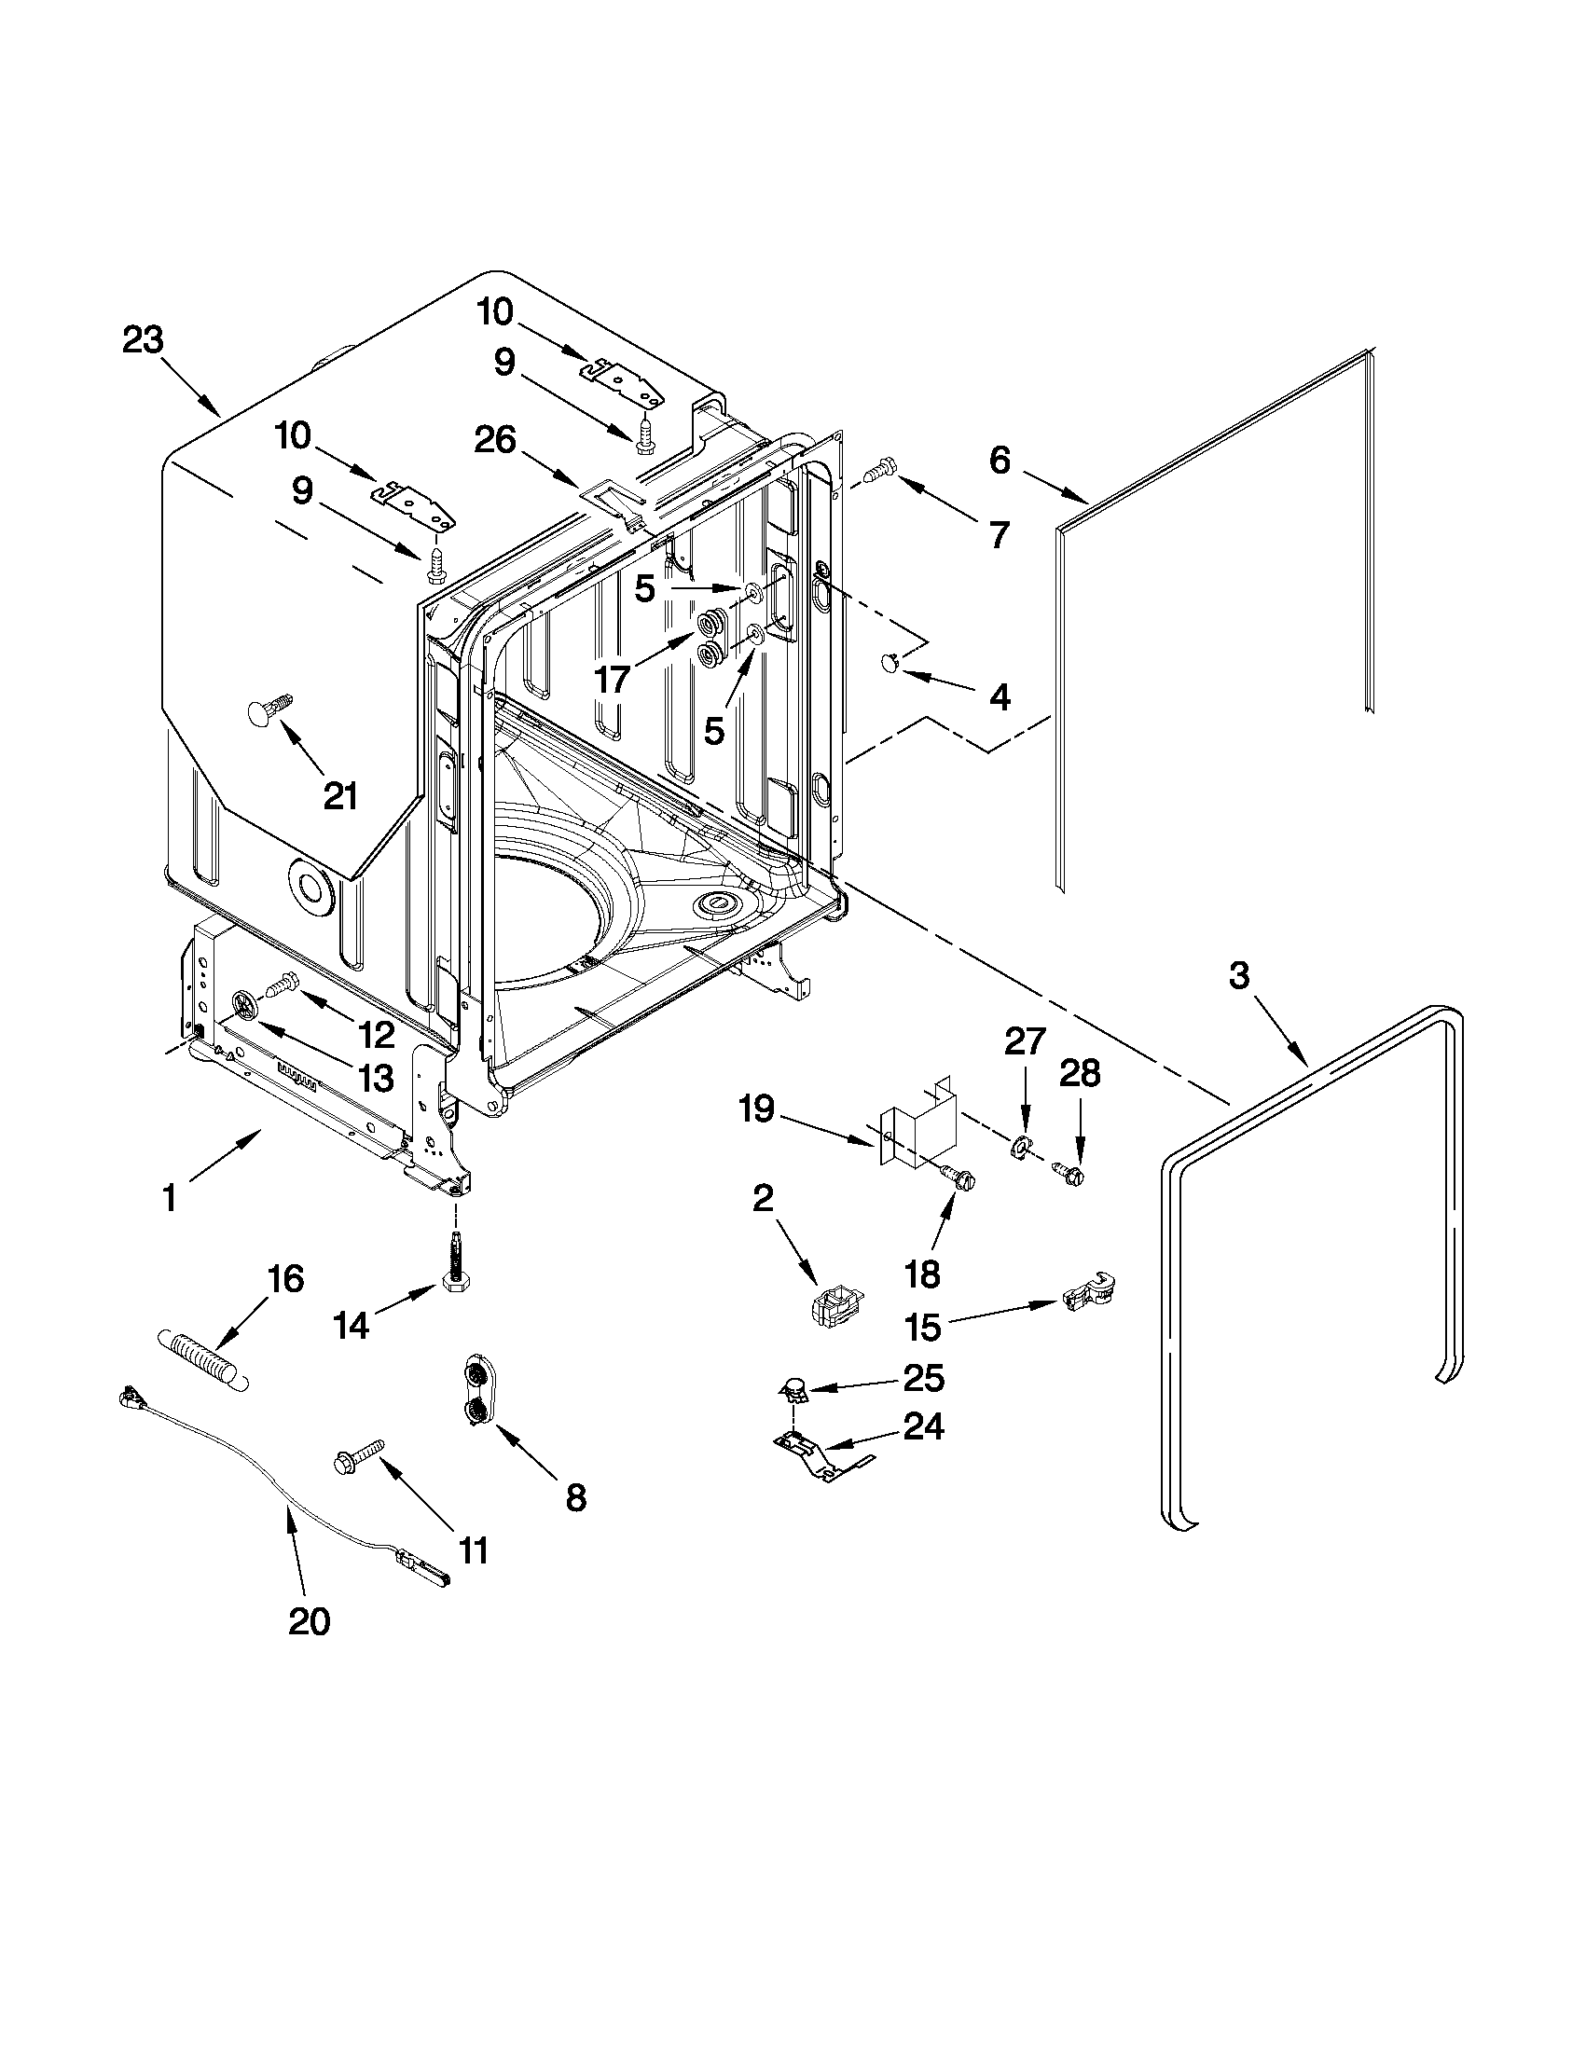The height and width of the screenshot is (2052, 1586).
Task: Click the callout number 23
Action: point(143,340)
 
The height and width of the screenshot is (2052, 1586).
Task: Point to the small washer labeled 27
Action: point(1021,1148)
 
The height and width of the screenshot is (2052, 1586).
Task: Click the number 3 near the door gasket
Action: point(1239,976)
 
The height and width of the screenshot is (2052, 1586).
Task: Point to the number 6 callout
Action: point(1000,461)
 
